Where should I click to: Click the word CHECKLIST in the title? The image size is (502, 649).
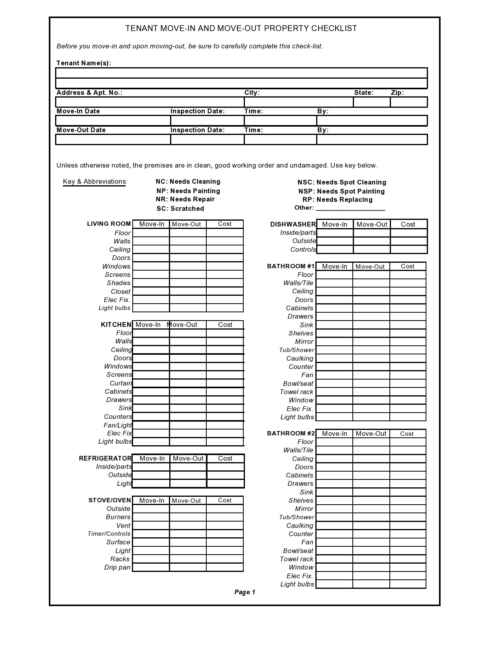pos(334,28)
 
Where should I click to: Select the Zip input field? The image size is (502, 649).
pos(409,102)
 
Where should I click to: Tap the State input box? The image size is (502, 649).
pos(372,102)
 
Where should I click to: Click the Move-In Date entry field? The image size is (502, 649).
pos(113,120)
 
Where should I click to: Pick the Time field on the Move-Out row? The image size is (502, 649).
pos(280,140)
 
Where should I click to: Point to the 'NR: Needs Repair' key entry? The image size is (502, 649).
pos(185,199)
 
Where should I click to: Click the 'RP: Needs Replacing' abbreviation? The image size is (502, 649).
pos(337,199)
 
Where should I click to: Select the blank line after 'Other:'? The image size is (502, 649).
pos(350,208)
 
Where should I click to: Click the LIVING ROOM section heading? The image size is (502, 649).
pos(109,224)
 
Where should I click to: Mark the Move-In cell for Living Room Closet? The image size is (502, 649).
pos(151,291)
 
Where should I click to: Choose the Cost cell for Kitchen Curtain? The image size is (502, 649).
pos(225,383)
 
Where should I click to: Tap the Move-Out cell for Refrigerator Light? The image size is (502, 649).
pos(188,483)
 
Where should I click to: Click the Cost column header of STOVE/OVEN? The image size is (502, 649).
pos(225,500)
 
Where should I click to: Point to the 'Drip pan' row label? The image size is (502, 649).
pos(117,567)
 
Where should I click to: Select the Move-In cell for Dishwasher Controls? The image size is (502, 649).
pos(335,249)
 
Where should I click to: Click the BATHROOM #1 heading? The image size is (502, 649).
pos(291,266)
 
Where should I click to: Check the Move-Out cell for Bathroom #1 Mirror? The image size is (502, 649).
pos(371,341)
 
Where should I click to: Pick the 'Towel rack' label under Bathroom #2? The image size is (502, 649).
pos(296,559)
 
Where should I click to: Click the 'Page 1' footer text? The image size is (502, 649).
pos(245,592)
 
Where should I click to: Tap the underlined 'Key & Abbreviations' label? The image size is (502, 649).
pos(95,181)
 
